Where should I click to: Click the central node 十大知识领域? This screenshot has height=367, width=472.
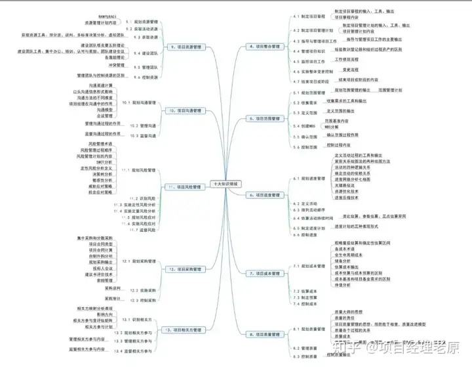226,186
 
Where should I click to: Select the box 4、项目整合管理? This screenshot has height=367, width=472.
264,47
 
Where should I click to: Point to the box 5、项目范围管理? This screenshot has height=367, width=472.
264,118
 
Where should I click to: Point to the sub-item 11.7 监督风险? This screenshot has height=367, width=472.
143,230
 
